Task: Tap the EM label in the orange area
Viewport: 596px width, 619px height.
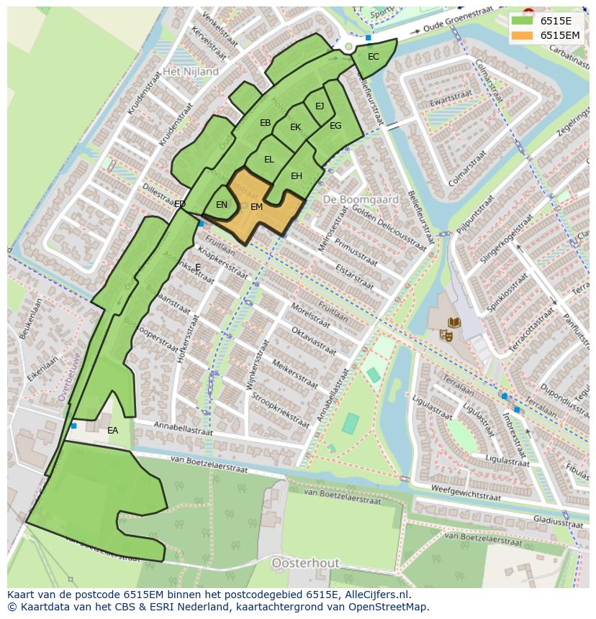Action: pos(257,207)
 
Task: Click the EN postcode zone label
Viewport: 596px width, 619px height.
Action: pos(222,205)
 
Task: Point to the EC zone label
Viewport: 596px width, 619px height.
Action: pos(373,57)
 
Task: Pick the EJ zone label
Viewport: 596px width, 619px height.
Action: pos(320,106)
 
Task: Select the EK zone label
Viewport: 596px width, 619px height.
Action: pos(295,127)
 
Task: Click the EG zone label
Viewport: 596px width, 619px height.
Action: pos(335,126)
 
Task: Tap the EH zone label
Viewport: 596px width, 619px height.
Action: pos(297,176)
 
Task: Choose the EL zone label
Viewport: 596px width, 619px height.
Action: pos(268,160)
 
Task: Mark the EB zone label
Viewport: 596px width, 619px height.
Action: pos(265,123)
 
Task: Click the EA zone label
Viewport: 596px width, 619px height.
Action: pos(112,431)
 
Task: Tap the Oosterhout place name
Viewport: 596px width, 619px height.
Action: pos(300,563)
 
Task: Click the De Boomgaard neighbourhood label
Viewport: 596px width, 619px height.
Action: pos(351,198)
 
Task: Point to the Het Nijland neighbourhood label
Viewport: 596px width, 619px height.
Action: pos(191,72)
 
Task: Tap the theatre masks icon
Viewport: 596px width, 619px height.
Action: pos(447,334)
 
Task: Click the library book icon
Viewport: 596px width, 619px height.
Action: pos(455,323)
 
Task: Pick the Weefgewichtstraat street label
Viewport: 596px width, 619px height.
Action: pos(465,493)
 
